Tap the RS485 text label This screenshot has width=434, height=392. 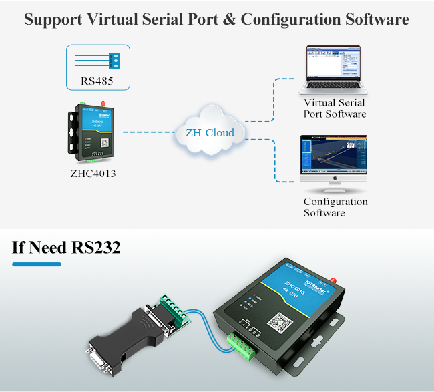tap(97, 82)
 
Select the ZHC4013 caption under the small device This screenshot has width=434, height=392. tap(97, 175)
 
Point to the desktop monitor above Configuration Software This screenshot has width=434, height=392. tap(334, 160)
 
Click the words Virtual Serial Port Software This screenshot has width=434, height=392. tap(335, 108)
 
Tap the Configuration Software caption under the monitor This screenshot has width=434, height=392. tap(335, 207)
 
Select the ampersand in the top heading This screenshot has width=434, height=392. tap(228, 19)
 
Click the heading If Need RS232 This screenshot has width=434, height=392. tap(66, 248)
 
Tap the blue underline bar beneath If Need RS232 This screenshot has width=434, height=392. tap(37, 264)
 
